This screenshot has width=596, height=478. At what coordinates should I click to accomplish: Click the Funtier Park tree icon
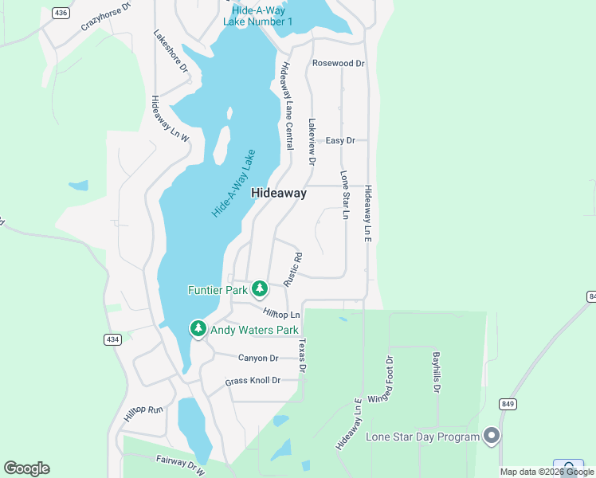(x=259, y=288)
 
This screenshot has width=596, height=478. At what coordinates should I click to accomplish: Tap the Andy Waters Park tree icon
(x=198, y=328)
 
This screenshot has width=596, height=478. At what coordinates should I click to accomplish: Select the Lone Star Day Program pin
(x=492, y=436)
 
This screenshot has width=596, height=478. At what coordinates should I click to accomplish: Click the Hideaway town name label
(x=279, y=193)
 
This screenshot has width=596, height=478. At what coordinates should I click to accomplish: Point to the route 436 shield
(x=61, y=13)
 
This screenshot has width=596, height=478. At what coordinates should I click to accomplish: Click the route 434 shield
(x=112, y=339)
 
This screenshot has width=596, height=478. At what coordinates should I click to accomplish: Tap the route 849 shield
(x=508, y=404)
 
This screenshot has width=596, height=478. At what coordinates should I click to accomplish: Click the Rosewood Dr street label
(x=338, y=63)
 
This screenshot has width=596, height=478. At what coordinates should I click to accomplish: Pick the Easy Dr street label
(x=340, y=140)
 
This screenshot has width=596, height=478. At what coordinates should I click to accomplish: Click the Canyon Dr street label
(x=258, y=358)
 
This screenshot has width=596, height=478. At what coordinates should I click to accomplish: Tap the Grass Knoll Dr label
(x=253, y=381)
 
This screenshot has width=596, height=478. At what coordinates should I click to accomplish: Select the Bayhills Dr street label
(x=436, y=372)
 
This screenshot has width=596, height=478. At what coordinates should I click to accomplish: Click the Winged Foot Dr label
(x=389, y=379)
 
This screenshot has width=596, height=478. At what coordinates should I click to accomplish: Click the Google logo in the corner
(x=26, y=468)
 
